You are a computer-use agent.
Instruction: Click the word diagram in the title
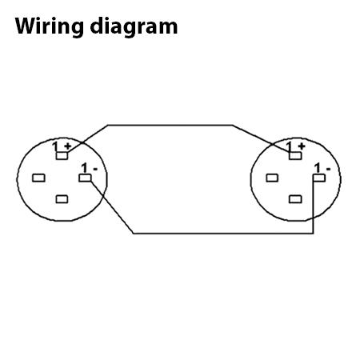click(x=134, y=26)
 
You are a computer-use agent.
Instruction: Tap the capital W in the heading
click(x=26, y=26)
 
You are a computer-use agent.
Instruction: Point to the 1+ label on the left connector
click(x=62, y=146)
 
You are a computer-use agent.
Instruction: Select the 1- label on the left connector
click(x=90, y=168)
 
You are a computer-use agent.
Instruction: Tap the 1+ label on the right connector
click(x=295, y=146)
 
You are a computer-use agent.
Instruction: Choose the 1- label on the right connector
click(x=322, y=168)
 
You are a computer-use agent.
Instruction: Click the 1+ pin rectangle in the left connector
click(x=62, y=156)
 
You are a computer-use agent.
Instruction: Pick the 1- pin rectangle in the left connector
click(x=85, y=178)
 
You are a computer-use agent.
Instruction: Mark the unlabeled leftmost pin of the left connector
click(x=38, y=178)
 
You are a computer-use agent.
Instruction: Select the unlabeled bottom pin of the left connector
click(x=62, y=199)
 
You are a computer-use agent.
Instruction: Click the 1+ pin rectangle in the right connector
click(x=295, y=156)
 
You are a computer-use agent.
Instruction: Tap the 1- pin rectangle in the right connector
click(x=319, y=178)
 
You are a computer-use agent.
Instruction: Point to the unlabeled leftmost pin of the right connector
click(x=272, y=178)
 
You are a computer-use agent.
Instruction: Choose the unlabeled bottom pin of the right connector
click(x=295, y=199)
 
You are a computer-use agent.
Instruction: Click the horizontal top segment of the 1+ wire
click(x=170, y=125)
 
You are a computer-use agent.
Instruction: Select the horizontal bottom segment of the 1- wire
click(x=223, y=234)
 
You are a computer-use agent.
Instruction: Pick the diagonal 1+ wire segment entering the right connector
click(x=261, y=138)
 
